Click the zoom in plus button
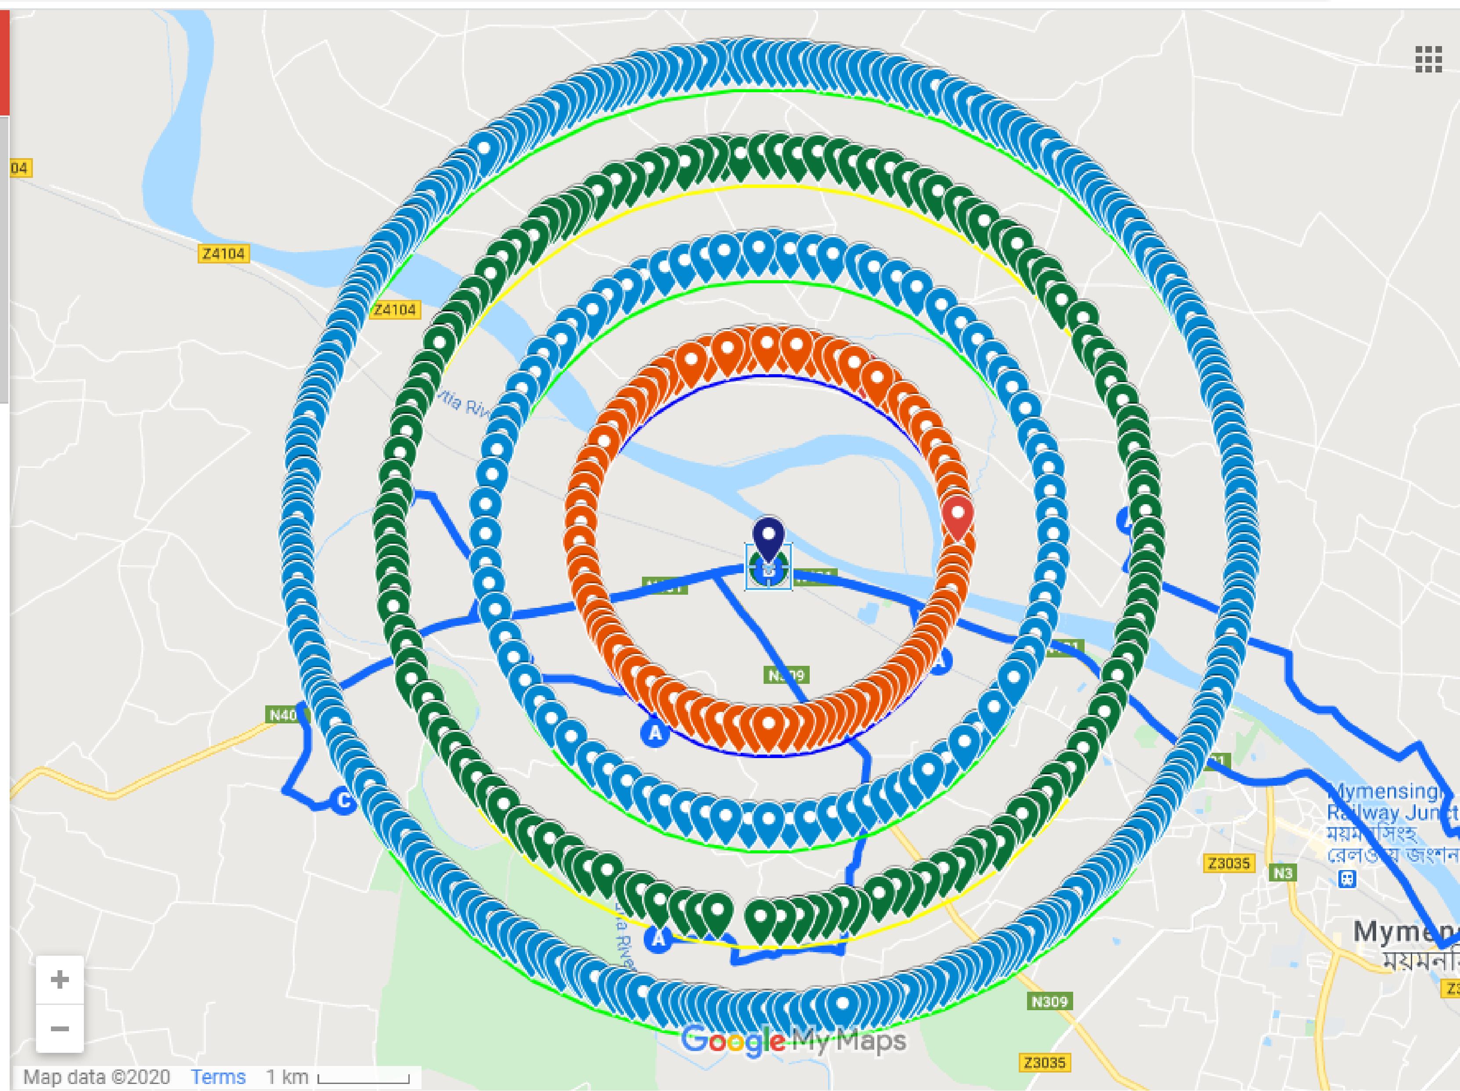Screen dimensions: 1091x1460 pos(59,979)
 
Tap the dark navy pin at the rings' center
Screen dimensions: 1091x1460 pos(768,538)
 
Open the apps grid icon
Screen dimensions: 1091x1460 pos(1428,60)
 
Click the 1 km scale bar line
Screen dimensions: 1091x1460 pos(363,1080)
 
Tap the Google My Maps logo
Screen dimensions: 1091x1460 pos(793,1041)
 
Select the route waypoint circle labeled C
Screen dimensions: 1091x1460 pos(343,801)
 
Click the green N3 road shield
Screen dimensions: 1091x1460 pos(1283,873)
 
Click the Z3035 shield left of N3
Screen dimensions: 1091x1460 pos(1228,863)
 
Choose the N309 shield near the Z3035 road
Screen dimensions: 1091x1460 pos(1049,1002)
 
